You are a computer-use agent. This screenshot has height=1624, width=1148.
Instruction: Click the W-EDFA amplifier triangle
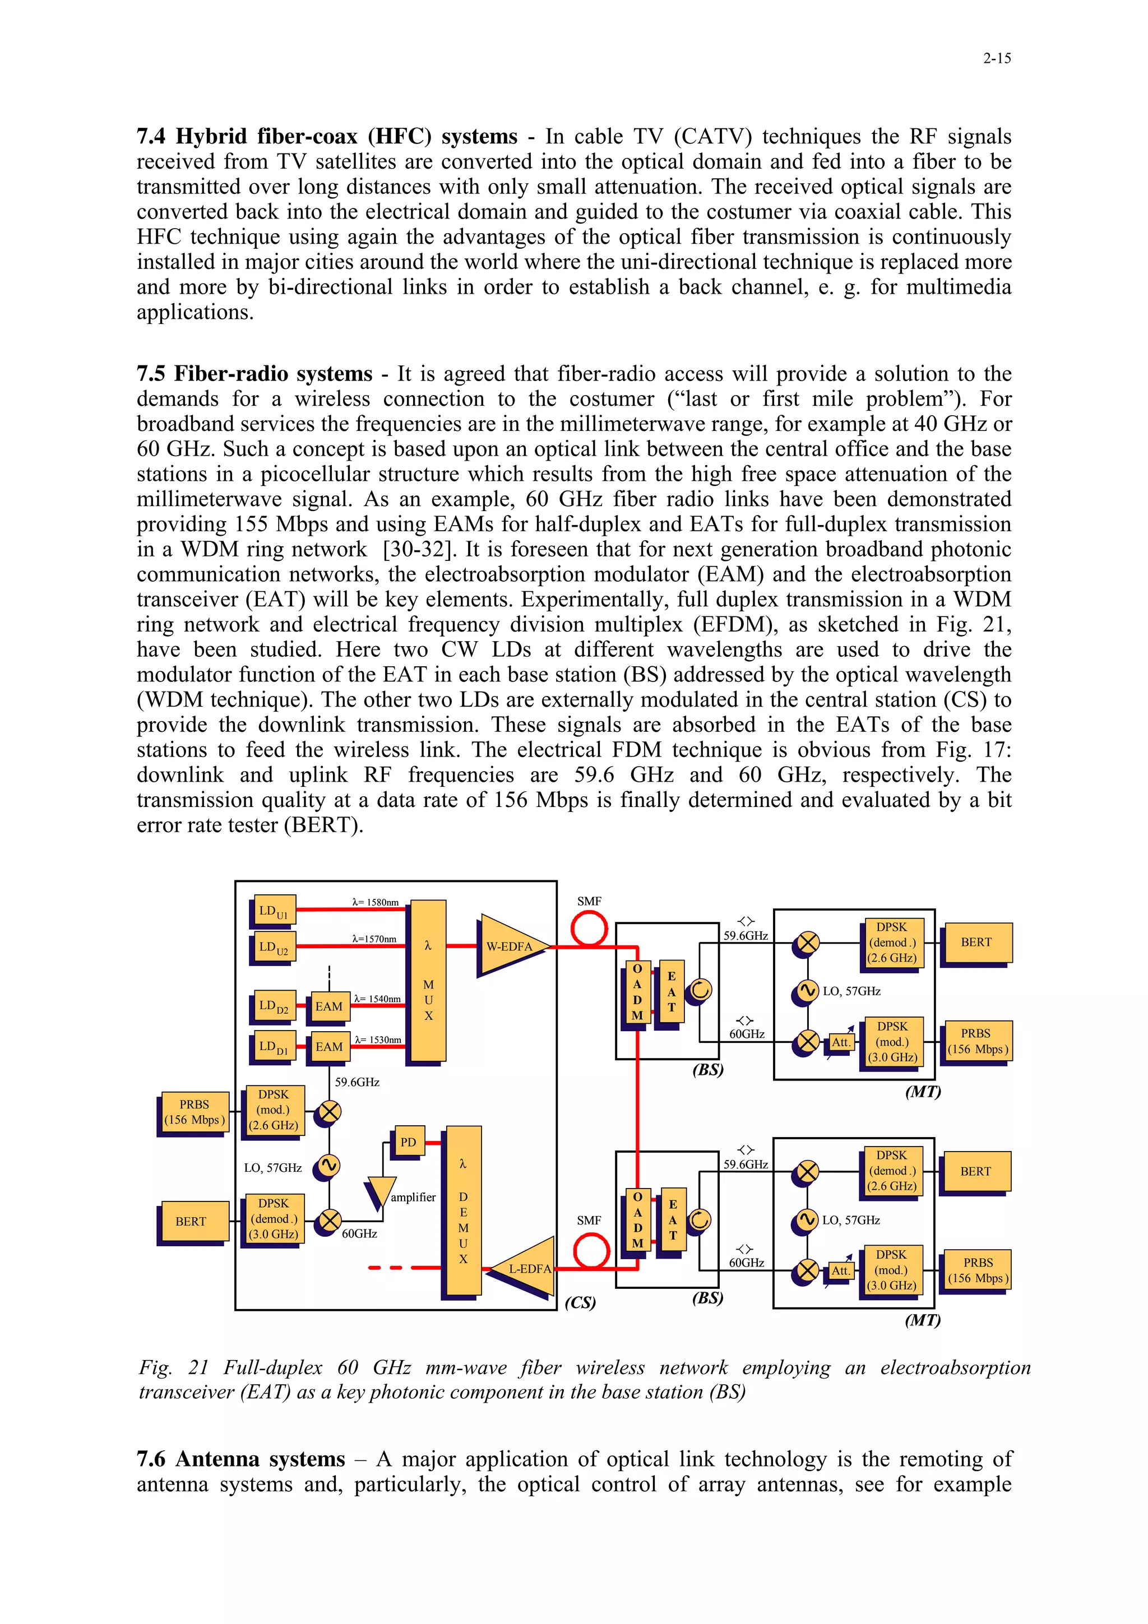click(x=511, y=946)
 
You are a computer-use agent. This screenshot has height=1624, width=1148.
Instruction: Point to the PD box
click(x=408, y=1142)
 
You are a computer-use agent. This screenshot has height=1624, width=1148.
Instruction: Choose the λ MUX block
click(x=428, y=980)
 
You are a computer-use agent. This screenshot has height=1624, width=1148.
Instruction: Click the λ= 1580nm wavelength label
click(x=375, y=903)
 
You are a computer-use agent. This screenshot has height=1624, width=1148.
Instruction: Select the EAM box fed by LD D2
click(x=329, y=1006)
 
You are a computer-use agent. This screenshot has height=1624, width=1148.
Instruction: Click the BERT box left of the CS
click(x=192, y=1222)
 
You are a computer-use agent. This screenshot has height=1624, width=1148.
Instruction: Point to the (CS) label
click(x=580, y=1303)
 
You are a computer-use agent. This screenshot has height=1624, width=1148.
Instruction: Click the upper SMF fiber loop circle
click(x=589, y=928)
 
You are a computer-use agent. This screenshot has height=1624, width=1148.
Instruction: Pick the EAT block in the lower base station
click(x=673, y=1220)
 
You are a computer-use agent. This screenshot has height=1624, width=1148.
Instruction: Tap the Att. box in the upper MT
click(x=840, y=1042)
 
